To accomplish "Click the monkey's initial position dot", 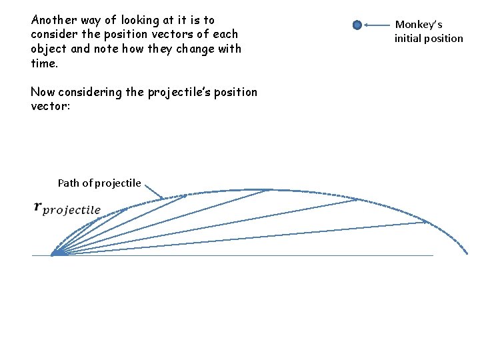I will (357, 25).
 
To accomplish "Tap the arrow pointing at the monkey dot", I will (377, 25).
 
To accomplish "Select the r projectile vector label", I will (67, 209).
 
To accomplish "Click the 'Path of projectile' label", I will (99, 183).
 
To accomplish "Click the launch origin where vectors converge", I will (55, 253).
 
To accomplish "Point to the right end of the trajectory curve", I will (466, 253).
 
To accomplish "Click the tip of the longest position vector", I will (427, 222).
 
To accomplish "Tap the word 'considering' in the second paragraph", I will (91, 92).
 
